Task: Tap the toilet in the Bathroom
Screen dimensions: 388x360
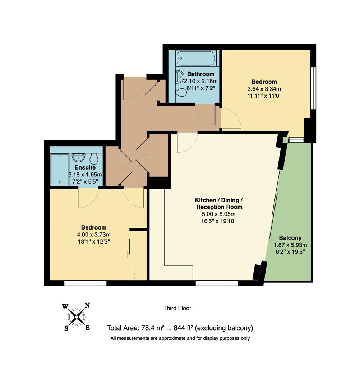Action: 182,93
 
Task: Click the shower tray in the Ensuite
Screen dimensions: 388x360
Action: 59,170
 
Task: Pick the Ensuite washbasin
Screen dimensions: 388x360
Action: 78,157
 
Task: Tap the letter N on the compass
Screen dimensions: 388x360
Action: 87,306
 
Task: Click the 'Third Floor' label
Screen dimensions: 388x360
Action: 177,308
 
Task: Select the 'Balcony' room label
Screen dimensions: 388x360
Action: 290,238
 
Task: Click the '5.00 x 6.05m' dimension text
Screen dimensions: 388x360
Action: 219,214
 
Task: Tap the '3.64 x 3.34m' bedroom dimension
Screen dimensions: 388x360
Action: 264,89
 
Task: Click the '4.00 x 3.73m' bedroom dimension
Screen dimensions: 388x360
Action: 93,235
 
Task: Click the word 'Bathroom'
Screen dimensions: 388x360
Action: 201,74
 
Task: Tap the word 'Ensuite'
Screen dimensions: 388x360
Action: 85,167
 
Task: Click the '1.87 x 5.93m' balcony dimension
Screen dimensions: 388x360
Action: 290,245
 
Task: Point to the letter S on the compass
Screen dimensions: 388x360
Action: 66,328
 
